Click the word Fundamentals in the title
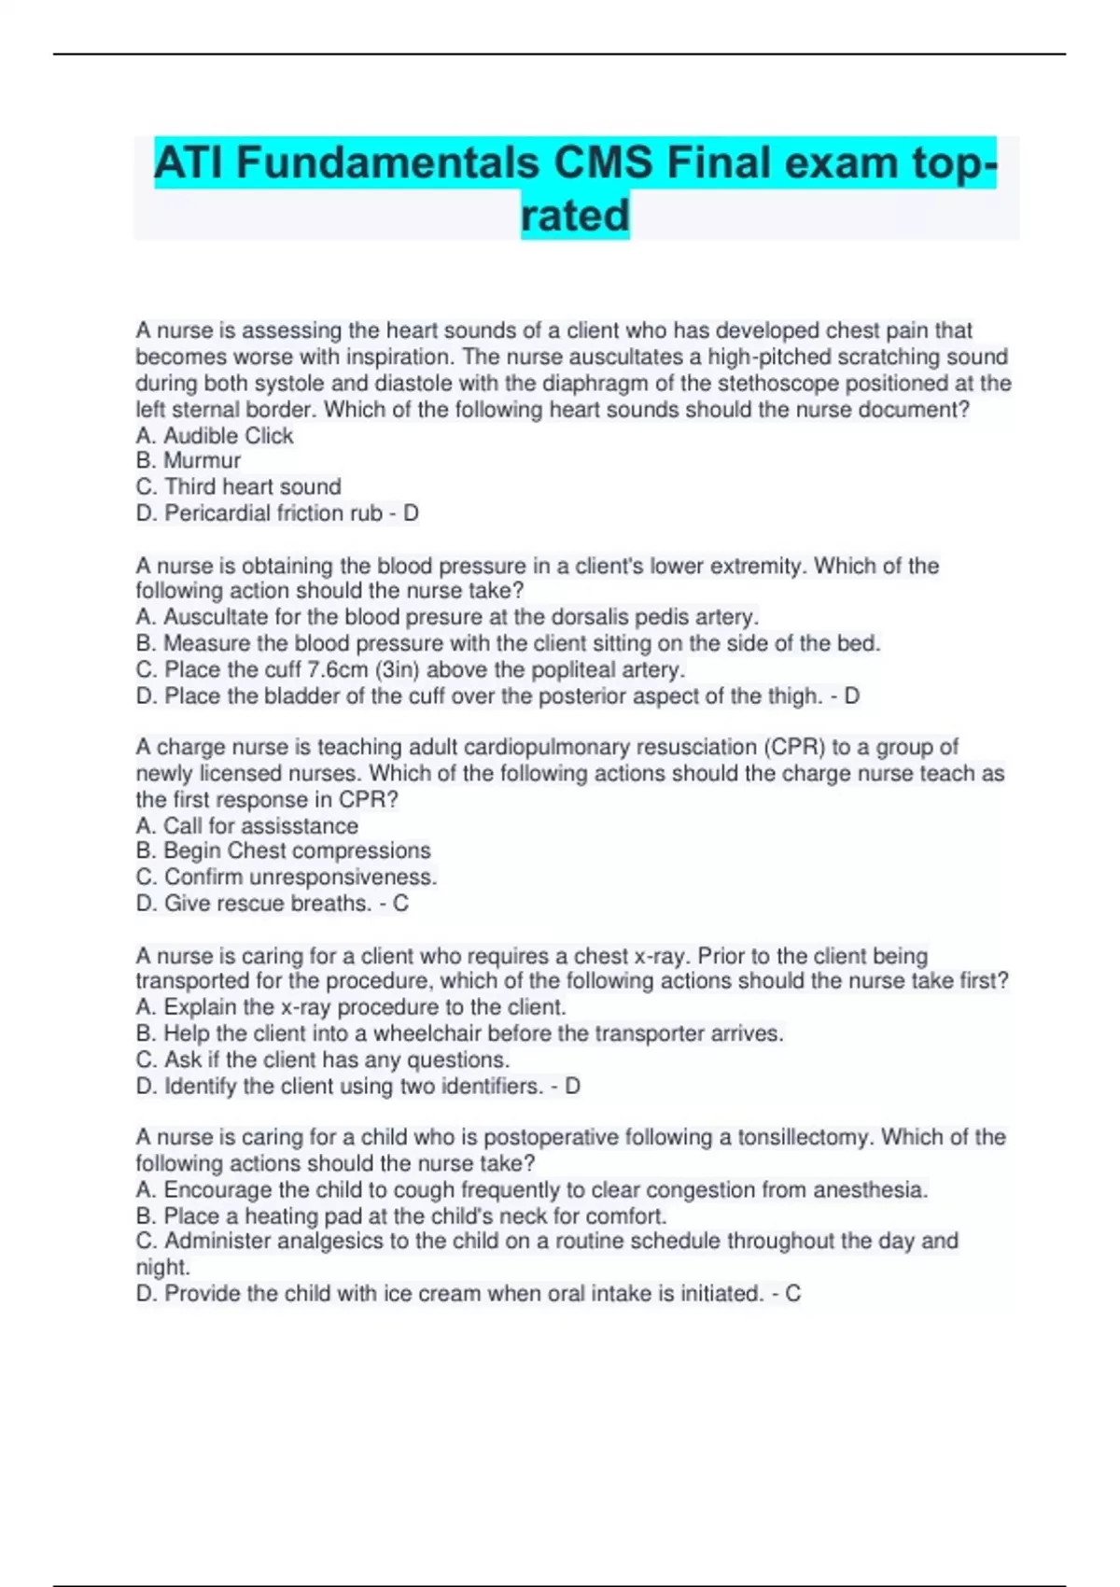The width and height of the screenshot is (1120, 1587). [388, 163]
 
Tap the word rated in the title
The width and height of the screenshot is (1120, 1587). [575, 216]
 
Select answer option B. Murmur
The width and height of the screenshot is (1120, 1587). [189, 460]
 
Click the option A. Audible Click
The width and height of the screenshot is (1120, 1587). [215, 435]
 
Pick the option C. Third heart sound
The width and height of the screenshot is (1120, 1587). [239, 486]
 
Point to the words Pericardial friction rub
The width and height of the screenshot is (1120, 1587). [273, 513]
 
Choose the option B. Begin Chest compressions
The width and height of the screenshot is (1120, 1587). [284, 850]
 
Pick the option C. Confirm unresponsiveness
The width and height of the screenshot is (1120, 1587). [287, 877]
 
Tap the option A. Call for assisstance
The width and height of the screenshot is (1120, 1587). [247, 825]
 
